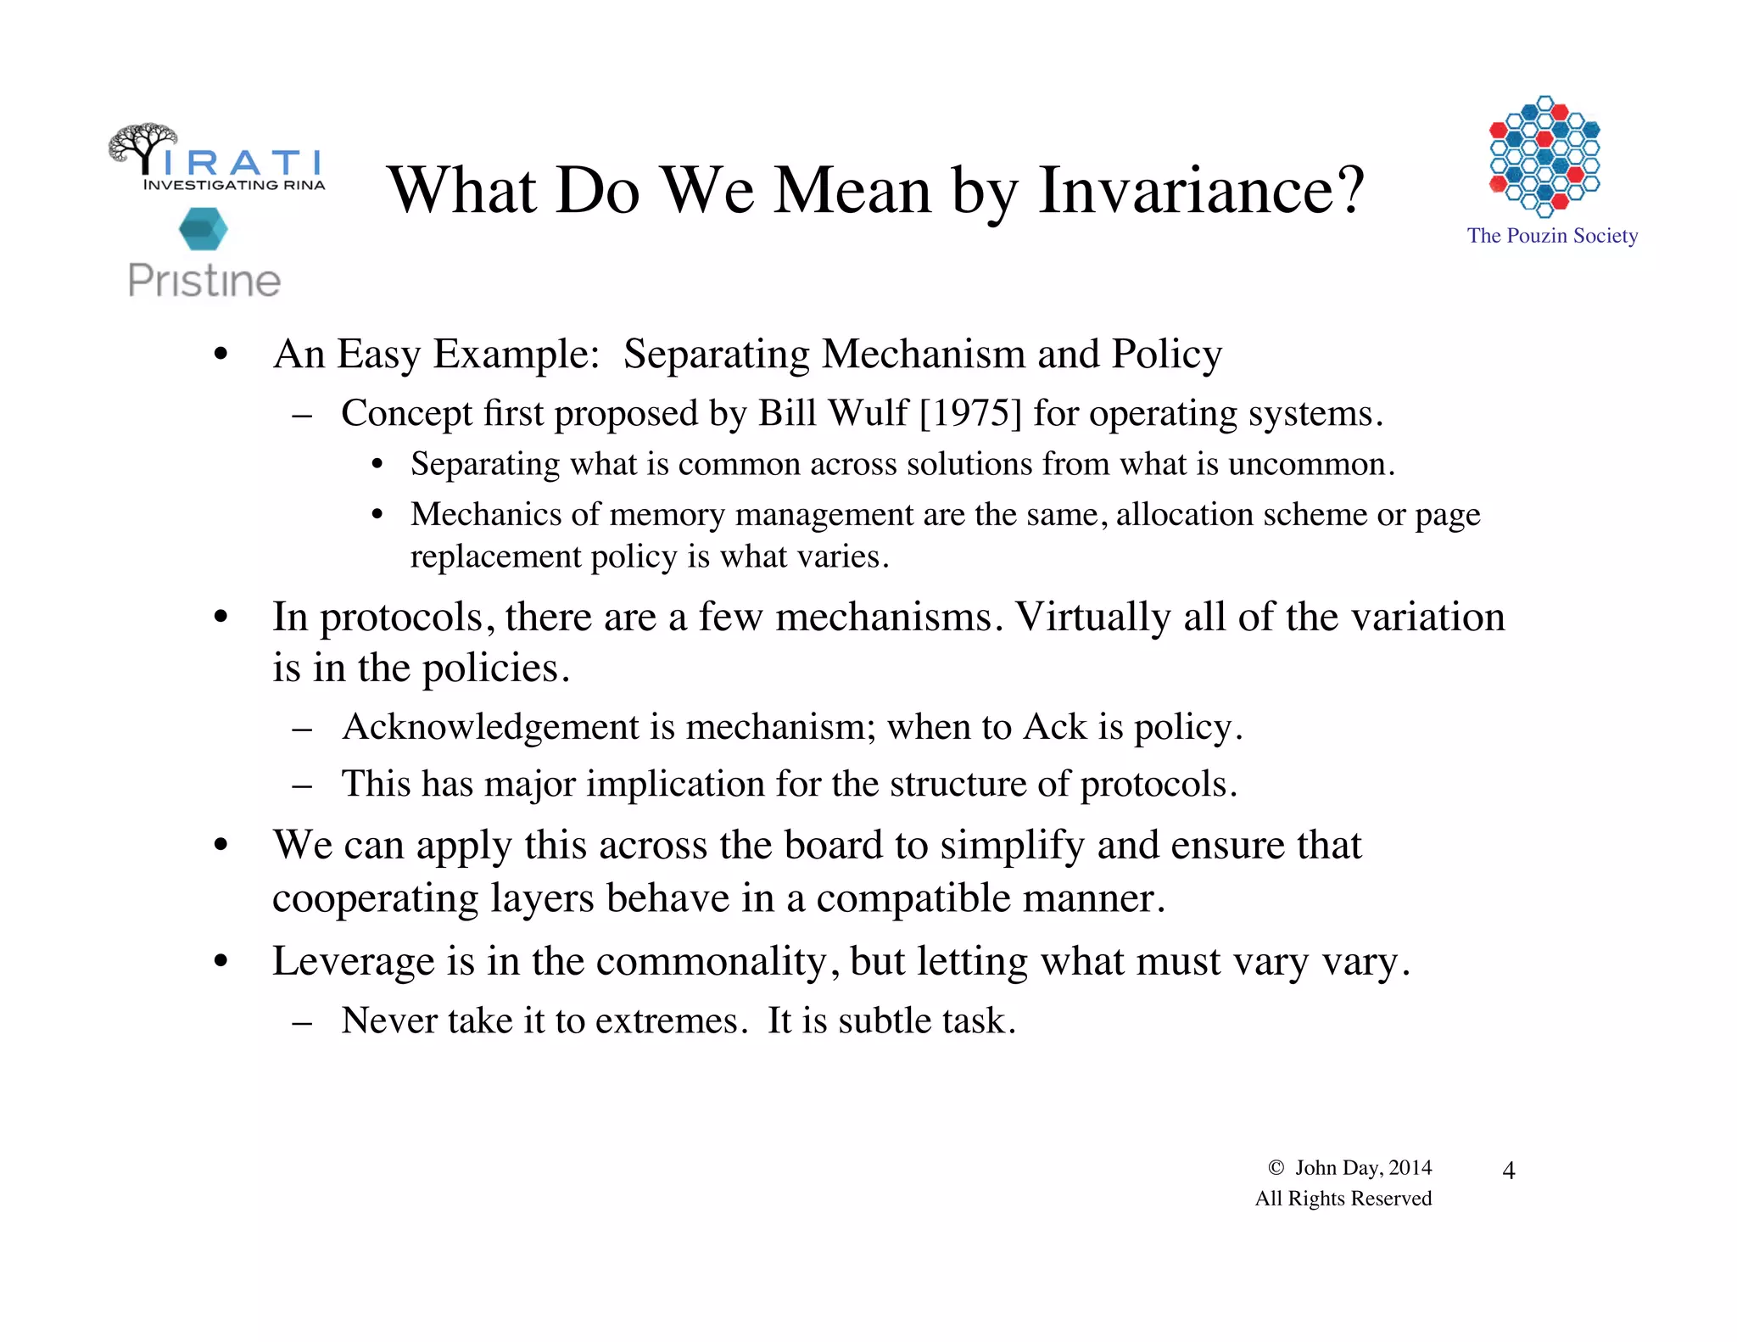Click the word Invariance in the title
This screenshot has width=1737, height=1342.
(1202, 190)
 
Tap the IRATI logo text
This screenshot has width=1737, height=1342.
(242, 162)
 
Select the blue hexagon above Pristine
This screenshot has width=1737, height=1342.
(204, 229)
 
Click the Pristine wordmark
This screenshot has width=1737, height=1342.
(204, 281)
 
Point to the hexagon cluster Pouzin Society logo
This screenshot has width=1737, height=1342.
(1544, 156)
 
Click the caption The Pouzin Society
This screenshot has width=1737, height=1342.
(1552, 236)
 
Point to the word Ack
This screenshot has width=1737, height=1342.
(1054, 728)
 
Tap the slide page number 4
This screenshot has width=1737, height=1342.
(1508, 1171)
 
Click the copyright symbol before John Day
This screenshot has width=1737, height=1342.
(1276, 1168)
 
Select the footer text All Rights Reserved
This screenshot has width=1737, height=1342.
(1343, 1199)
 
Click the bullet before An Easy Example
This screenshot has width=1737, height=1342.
(221, 355)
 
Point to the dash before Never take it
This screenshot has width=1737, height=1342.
(301, 1022)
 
